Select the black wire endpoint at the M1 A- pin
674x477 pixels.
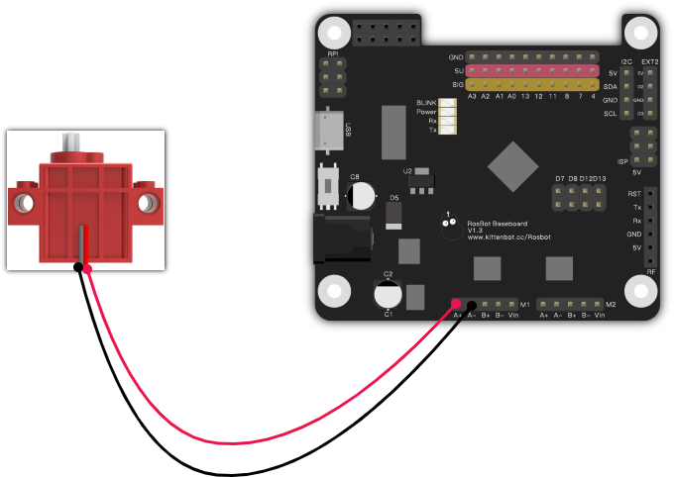[471, 304]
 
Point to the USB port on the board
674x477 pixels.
[326, 131]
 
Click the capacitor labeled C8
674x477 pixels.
[361, 194]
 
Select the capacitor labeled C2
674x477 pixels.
[388, 293]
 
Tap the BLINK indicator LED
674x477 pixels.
[448, 103]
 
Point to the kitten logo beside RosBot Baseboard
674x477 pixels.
[451, 223]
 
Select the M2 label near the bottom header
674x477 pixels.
[611, 304]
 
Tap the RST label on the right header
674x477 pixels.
[634, 195]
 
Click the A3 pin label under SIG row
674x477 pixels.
[472, 97]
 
